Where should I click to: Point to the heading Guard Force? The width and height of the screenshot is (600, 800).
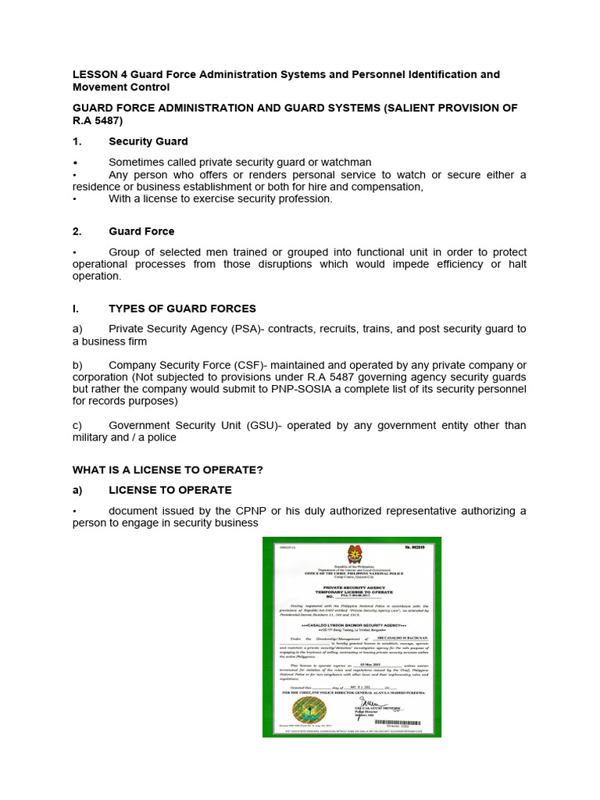point(141,231)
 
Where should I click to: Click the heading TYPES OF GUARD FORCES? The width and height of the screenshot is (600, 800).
point(182,309)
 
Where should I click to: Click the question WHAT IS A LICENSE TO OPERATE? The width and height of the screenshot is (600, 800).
point(168,469)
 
